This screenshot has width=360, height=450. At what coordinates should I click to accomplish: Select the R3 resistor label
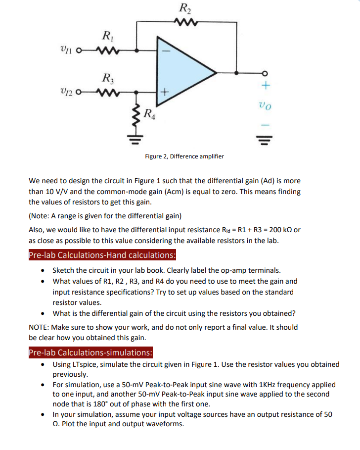(x=106, y=78)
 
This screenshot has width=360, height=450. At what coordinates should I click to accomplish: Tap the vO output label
(x=265, y=106)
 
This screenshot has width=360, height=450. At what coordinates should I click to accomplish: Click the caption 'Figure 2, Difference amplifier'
(x=184, y=156)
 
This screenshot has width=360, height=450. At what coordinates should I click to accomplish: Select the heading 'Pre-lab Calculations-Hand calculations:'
(x=102, y=255)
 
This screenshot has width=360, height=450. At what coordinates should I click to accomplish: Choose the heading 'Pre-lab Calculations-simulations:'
(x=90, y=352)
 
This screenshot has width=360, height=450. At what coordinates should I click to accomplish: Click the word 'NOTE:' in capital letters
(x=40, y=327)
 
